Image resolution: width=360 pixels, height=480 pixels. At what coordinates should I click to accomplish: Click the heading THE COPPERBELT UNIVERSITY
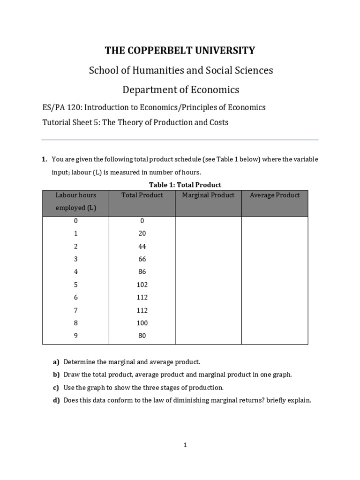[x=180, y=51]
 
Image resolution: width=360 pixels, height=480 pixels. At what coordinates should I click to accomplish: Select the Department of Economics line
[x=180, y=90]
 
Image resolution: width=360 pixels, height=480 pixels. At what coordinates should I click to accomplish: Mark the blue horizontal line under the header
[x=180, y=140]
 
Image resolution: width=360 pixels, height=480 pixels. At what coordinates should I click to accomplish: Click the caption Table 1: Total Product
[x=185, y=185]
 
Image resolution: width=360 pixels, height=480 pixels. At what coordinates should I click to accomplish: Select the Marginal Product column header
[x=208, y=195]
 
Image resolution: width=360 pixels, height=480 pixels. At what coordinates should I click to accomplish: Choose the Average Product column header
[x=275, y=195]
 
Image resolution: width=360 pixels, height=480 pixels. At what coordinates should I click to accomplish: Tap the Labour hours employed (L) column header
[x=75, y=202]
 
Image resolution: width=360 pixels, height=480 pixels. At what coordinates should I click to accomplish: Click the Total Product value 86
[x=142, y=271]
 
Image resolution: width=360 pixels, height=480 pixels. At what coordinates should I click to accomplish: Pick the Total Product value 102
[x=142, y=285]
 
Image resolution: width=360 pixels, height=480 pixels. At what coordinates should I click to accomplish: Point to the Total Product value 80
[x=142, y=336]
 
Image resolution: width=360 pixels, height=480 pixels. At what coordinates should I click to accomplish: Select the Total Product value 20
[x=142, y=233]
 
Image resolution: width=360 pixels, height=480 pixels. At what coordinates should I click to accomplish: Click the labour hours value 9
[x=75, y=336]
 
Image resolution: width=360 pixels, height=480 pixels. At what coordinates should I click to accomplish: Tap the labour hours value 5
[x=75, y=285]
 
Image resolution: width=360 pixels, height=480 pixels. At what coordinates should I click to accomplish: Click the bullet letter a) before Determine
[x=56, y=362]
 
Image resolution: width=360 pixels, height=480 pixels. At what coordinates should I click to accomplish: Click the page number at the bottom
[x=185, y=445]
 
